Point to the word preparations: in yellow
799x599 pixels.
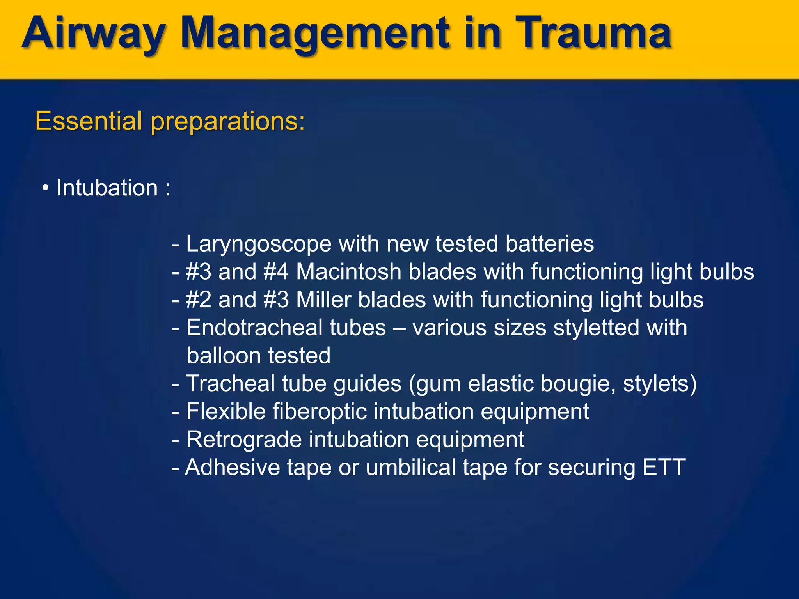coord(228,122)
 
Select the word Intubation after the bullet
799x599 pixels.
coord(107,188)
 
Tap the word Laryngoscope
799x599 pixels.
coord(259,244)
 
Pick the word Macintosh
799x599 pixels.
coord(348,271)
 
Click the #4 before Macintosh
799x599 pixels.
coord(276,271)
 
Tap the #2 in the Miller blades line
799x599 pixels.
coord(198,299)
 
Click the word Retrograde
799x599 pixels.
coord(244,440)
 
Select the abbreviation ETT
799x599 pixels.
coord(664,467)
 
